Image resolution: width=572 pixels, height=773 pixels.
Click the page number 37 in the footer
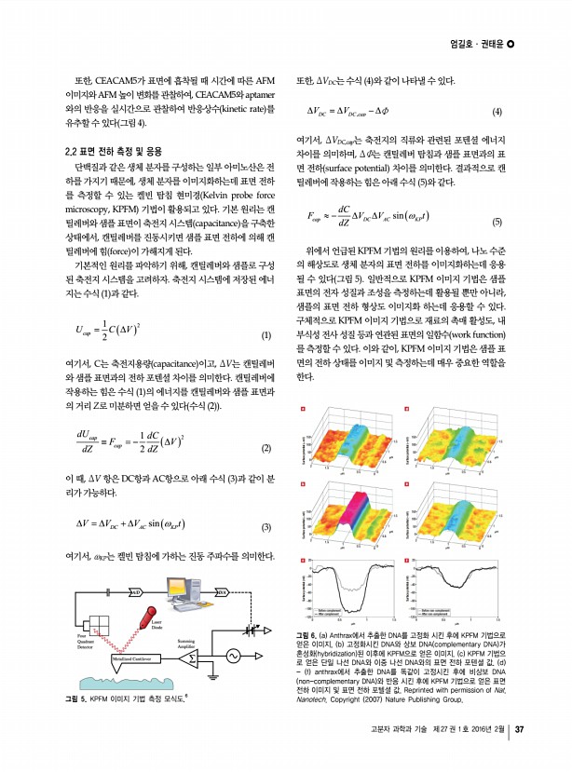pos(521,755)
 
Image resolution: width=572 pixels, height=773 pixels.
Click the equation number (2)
pos(266,448)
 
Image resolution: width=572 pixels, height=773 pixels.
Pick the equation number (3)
pos(266,527)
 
